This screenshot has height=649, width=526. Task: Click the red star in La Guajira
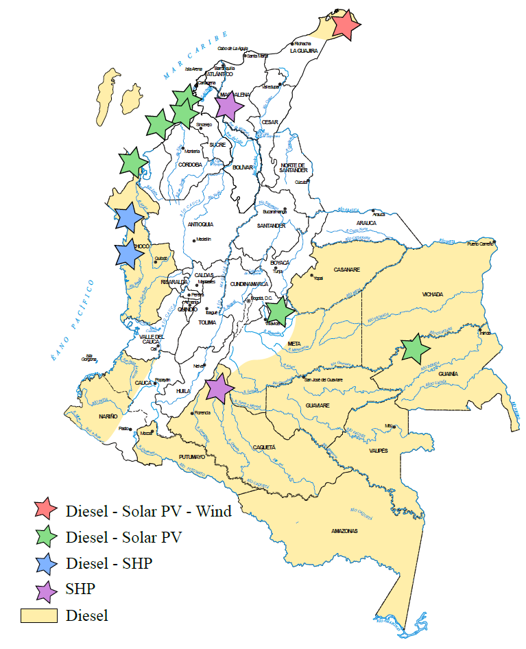346,25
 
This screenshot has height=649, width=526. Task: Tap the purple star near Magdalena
228,106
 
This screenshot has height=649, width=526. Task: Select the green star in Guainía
414,348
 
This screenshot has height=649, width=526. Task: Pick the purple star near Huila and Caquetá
219,388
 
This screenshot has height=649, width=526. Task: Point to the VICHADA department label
433,294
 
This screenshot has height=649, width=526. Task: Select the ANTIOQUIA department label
200,224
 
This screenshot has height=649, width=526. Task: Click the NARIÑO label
108,416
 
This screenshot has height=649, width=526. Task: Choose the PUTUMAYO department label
192,456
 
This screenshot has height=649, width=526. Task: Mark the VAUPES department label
379,451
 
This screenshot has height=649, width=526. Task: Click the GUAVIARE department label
318,405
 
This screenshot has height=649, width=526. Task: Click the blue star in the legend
46,563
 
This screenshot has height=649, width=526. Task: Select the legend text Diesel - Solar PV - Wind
148,511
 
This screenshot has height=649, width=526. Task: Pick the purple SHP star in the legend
46,589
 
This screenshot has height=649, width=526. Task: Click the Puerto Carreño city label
481,245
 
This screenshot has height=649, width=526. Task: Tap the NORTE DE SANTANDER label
296,169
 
